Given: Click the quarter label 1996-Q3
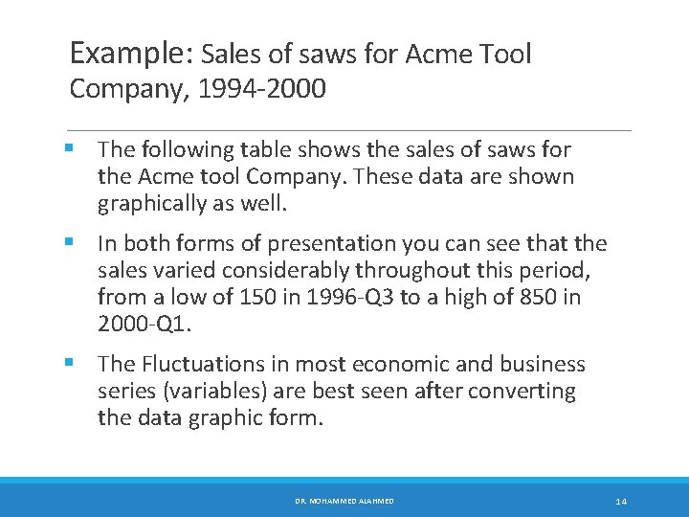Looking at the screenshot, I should coord(344,298).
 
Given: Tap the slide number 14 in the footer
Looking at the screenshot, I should coord(621,502).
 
